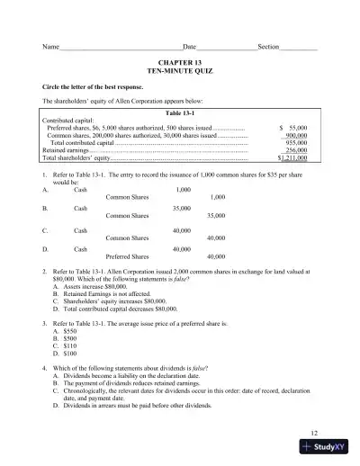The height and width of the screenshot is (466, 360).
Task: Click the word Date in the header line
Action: pos(189,46)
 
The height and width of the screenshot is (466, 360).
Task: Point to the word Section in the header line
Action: pos(270,46)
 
